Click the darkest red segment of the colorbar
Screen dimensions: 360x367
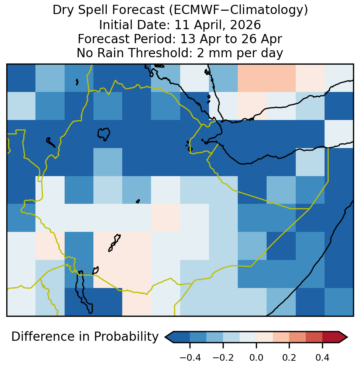click(x=330, y=337)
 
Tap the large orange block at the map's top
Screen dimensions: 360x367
click(x=267, y=78)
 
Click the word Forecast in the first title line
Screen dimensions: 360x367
click(x=138, y=10)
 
